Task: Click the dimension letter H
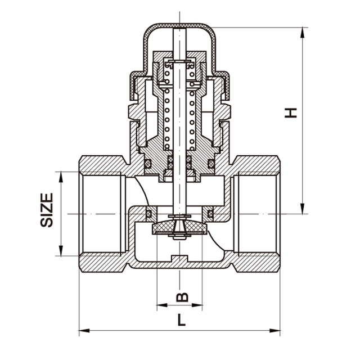click(x=291, y=113)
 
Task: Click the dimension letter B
click(x=182, y=297)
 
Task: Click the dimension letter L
click(x=181, y=320)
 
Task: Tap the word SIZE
click(x=47, y=210)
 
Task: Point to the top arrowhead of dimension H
click(x=303, y=33)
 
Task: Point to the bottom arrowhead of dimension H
click(x=303, y=209)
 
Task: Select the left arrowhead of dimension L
click(x=84, y=331)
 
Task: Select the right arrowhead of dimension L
click(x=274, y=331)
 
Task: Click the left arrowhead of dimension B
click(x=162, y=305)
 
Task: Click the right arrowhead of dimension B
click(x=197, y=305)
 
